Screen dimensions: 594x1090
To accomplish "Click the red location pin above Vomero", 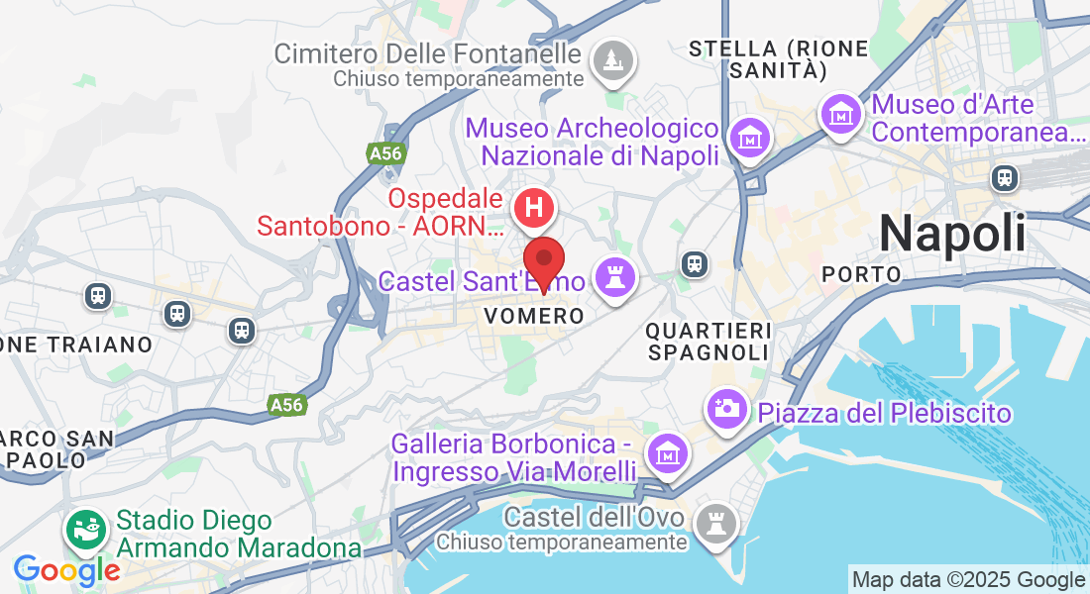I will [x=544, y=261].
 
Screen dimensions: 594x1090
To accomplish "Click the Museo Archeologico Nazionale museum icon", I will [x=748, y=138].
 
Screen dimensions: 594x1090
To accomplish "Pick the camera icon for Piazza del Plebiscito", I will [x=726, y=407].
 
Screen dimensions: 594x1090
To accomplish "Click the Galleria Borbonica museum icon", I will [x=666, y=453].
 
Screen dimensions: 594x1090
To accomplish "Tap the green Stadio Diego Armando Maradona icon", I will [x=85, y=530].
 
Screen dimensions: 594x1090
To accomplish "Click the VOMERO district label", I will [x=534, y=316].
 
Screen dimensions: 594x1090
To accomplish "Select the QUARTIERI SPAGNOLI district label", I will [x=708, y=341].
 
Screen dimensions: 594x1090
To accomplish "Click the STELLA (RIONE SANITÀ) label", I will [x=779, y=58].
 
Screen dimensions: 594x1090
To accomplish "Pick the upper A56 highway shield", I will [x=384, y=153].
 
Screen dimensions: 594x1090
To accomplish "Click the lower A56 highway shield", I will [x=286, y=404].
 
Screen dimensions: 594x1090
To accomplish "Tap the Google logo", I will [x=66, y=570].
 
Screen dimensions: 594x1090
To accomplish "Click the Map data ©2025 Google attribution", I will [x=968, y=580].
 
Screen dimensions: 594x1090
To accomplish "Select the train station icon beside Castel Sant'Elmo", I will [x=695, y=263].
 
